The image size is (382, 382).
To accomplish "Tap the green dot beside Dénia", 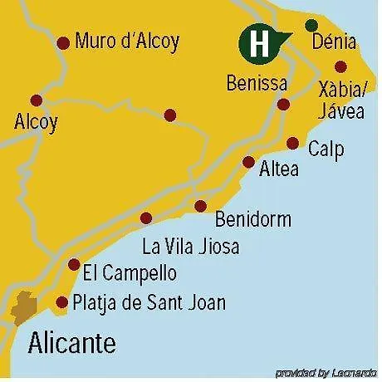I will [311, 25].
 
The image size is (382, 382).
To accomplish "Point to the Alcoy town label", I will [37, 122].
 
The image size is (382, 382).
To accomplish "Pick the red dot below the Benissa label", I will [283, 105].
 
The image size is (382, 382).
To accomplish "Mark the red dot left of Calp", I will [292, 143].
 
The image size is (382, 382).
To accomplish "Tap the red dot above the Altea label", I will [248, 162].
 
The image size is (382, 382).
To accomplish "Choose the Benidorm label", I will [252, 220].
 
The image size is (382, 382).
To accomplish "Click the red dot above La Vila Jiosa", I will [146, 218].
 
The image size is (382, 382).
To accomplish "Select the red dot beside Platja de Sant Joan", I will [61, 302].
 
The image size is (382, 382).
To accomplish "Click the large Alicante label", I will [72, 341].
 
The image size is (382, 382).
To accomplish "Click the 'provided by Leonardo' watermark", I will [326, 372].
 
